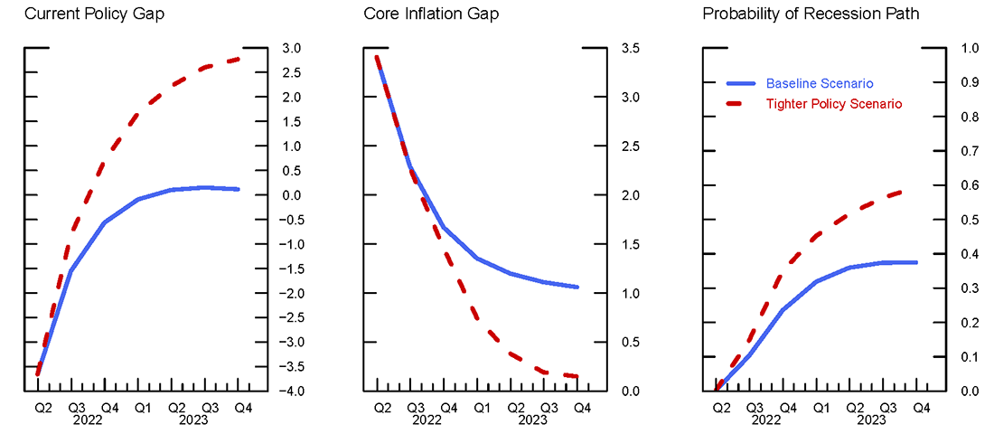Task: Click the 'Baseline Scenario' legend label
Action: pos(820,83)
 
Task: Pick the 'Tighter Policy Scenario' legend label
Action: pos(834,104)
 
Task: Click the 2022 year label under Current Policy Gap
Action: pos(88,420)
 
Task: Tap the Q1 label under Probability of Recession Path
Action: pos(821,409)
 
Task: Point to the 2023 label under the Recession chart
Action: pos(872,420)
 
